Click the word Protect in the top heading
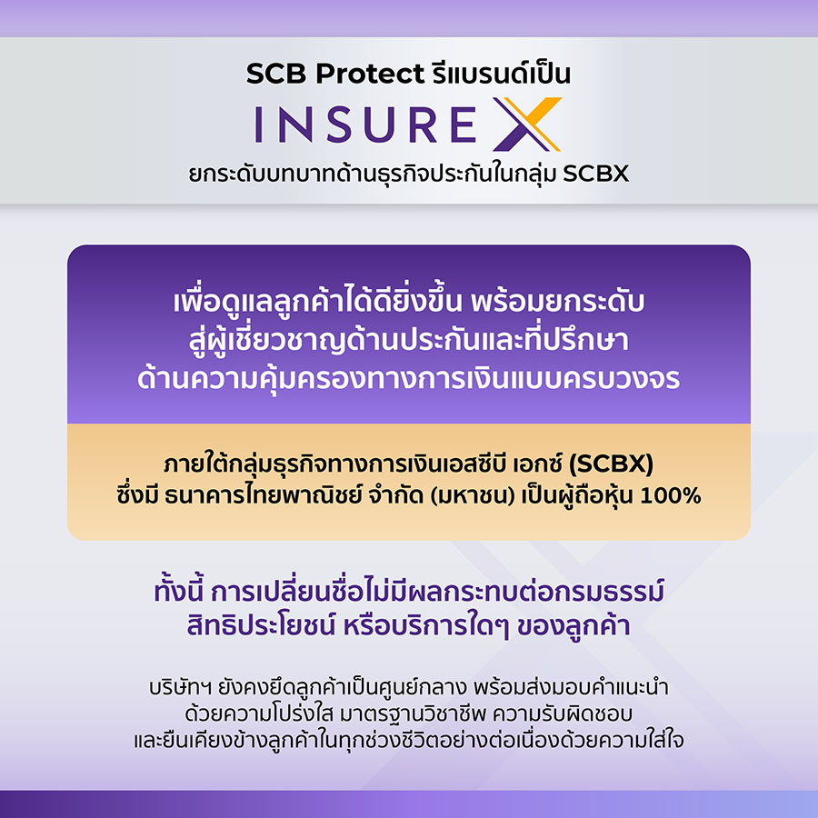click(370, 74)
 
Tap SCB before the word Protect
click(276, 73)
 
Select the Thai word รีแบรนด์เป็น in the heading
click(502, 72)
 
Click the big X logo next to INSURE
click(527, 125)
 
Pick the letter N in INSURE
click(295, 125)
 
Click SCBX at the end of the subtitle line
click(595, 174)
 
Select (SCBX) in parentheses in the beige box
click(611, 464)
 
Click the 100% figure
click(671, 495)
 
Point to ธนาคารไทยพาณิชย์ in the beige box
click(263, 495)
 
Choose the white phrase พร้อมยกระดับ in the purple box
click(557, 301)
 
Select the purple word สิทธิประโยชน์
click(261, 625)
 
